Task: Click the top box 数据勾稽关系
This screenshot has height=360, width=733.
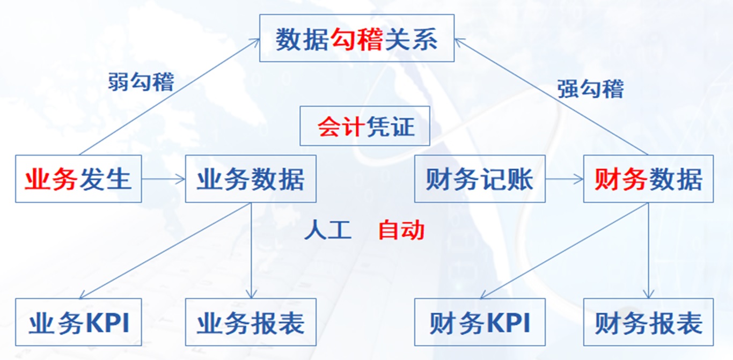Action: pos(357,38)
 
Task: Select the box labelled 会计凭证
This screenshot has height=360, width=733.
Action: pos(365,126)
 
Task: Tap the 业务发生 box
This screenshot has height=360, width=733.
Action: pos(78,179)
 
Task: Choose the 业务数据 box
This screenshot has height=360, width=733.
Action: pos(251,179)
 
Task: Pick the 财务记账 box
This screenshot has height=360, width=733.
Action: pos(480,179)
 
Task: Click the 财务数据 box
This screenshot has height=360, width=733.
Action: pos(648,179)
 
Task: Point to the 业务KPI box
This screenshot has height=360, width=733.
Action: pos(78,322)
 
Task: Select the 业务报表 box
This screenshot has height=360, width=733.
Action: pos(251,322)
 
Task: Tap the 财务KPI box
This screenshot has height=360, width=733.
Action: pos(480,322)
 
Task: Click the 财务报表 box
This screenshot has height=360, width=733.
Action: pos(648,322)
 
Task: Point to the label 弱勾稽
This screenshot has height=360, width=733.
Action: pos(141,82)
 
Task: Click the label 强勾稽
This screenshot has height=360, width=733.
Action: pos(591,89)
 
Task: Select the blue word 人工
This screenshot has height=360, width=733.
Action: pos(328,230)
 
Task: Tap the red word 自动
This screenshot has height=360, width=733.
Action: pos(401,230)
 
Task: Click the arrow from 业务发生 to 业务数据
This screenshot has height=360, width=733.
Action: pos(164,179)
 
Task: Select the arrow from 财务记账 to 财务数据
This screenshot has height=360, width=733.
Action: pos(564,179)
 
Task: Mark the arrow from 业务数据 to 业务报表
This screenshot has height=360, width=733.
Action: pos(251,251)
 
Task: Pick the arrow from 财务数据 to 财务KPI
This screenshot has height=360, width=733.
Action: pos(564,251)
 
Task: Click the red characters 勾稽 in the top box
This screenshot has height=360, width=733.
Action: pos(357,39)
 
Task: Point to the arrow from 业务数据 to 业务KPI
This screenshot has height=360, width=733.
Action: pos(165,251)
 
